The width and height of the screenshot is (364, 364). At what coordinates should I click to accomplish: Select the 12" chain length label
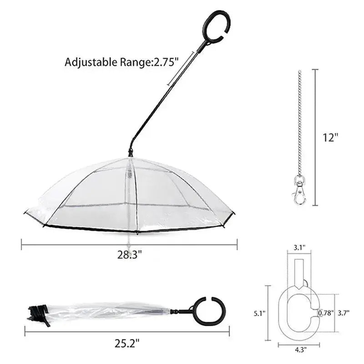pyautogui.click(x=331, y=137)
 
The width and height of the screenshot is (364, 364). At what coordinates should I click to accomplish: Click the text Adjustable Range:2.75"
pyautogui.click(x=120, y=62)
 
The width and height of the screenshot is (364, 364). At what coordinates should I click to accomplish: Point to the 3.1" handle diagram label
pyautogui.click(x=299, y=247)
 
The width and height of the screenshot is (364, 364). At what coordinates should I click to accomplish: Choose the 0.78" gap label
pyautogui.click(x=325, y=313)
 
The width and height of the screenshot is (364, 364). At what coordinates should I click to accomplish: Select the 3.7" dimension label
pyautogui.click(x=345, y=313)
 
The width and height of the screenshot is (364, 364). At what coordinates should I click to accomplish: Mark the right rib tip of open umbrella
pyautogui.click(x=233, y=213)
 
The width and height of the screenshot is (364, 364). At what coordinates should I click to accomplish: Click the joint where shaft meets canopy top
pyautogui.click(x=131, y=154)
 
